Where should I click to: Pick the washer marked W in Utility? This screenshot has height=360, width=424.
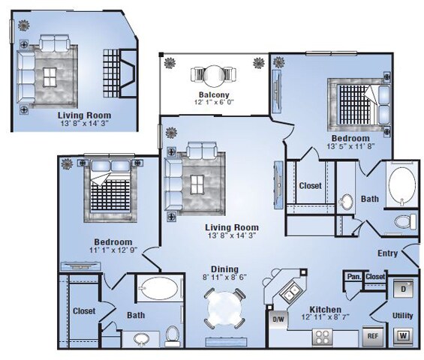coord(402,335)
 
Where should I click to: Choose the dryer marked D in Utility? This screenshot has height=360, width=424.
coord(402,286)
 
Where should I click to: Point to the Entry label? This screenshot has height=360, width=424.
coord(387,253)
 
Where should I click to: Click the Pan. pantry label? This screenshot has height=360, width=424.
coord(353,277)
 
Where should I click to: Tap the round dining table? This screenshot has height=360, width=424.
coord(222,307)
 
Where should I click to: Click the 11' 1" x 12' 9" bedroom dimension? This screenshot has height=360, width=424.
coord(113,250)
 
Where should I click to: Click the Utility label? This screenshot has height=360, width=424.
coord(402,316)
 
